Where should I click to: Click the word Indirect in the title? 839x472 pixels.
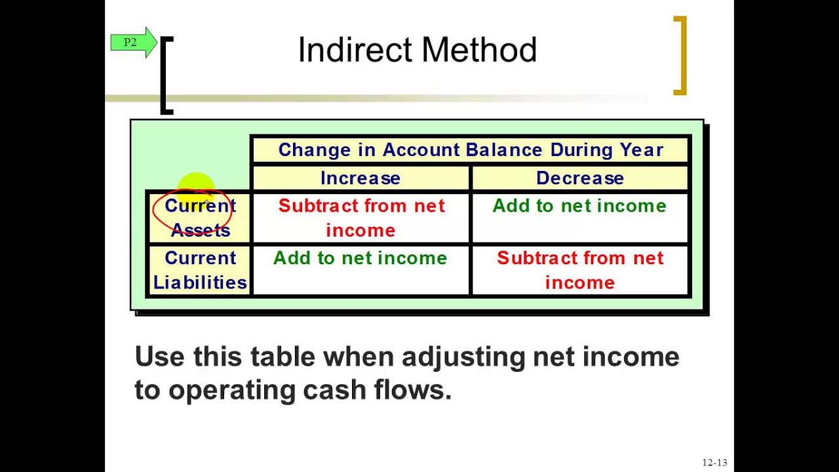click(354, 50)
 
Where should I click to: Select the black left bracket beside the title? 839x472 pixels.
click(166, 75)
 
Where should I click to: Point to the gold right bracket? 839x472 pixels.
click(681, 56)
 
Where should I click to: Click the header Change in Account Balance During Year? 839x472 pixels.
click(471, 150)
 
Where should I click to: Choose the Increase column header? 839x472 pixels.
click(360, 178)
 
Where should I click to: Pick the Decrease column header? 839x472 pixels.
click(579, 178)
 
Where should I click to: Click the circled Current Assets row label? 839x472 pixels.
click(200, 218)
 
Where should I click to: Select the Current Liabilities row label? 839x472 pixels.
click(200, 270)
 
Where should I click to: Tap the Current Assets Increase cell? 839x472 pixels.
click(361, 218)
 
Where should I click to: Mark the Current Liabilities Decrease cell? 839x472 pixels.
click(579, 270)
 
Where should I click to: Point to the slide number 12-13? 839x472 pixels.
click(714, 462)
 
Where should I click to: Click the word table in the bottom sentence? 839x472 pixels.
click(283, 357)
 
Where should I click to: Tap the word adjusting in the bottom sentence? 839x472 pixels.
click(463, 357)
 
